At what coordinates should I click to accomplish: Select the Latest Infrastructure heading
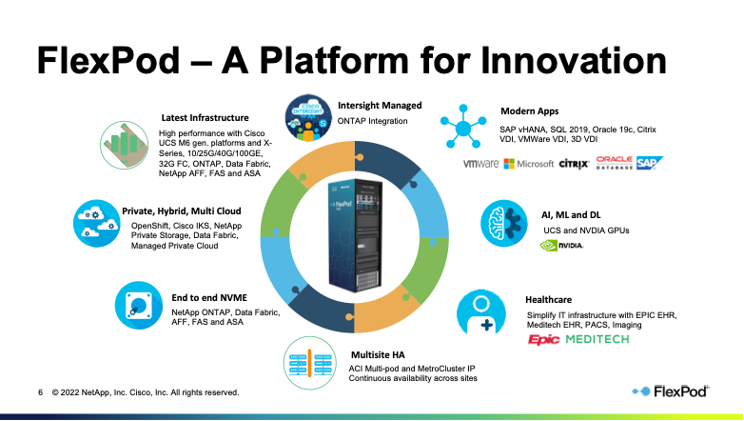coord(205,117)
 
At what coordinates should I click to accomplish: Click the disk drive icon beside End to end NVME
coord(139,305)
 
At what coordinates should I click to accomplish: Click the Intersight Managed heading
coord(380,106)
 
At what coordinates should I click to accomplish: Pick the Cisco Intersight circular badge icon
coord(311,112)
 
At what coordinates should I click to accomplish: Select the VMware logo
coord(481,164)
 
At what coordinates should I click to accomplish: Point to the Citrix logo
coord(574,164)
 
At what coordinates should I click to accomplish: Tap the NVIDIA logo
coord(561,245)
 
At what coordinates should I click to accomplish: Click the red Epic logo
coord(544,338)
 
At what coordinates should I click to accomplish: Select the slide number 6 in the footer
coord(40,391)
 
